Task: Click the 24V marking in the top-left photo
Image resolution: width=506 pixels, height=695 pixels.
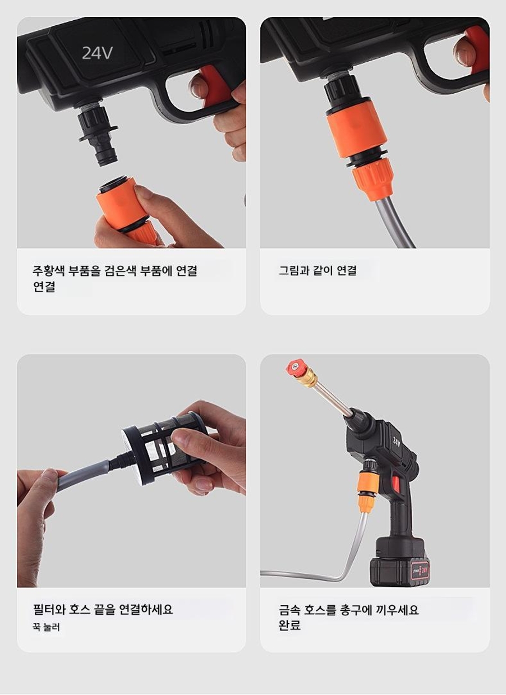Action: pyautogui.click(x=97, y=53)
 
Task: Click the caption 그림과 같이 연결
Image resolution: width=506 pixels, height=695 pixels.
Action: pyautogui.click(x=318, y=271)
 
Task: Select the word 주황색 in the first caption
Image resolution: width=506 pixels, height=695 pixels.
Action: pyautogui.click(x=48, y=271)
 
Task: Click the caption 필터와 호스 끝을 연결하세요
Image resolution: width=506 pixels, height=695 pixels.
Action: pyautogui.click(x=103, y=609)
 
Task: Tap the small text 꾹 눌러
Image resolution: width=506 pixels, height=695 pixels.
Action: pyautogui.click(x=46, y=627)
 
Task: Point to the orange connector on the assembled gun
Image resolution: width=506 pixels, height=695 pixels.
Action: pyautogui.click(x=368, y=490)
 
